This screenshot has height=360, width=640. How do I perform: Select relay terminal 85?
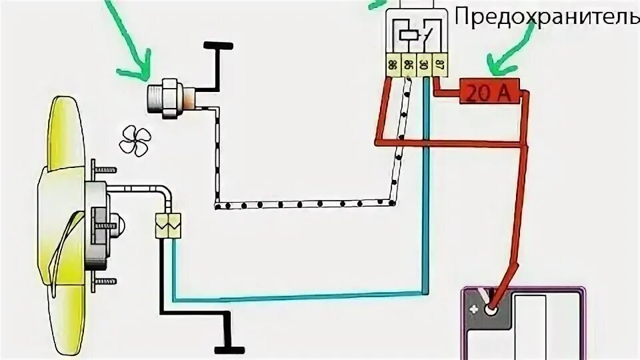coord(407,66)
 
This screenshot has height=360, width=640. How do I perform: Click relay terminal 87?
coord(440,66)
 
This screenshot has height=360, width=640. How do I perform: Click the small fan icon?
coord(136,141)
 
